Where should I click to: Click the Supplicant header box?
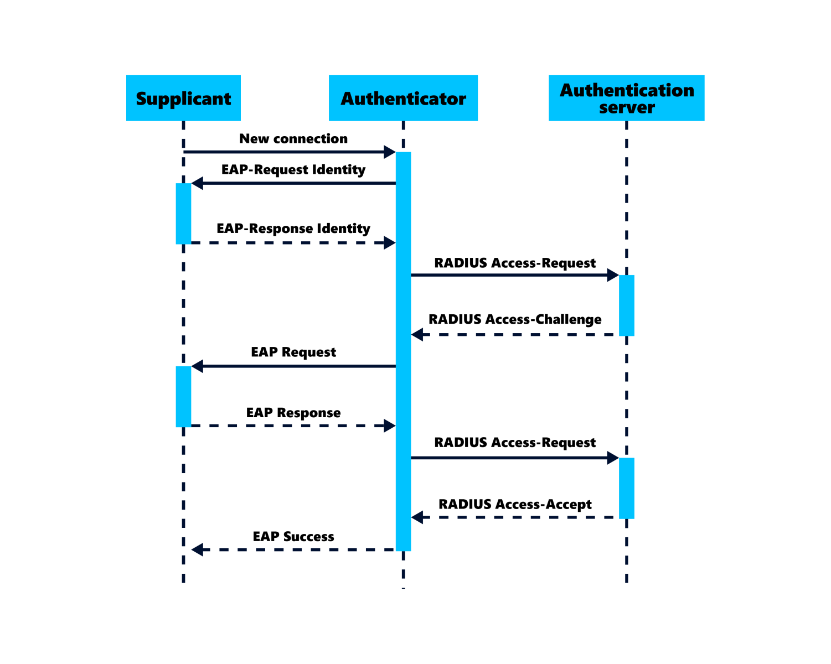[x=183, y=98]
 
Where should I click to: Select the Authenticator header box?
[x=403, y=98]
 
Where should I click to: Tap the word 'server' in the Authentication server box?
[x=627, y=107]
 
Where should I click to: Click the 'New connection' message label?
[x=293, y=139]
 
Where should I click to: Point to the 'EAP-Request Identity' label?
[x=293, y=169]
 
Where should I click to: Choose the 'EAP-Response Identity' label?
[x=293, y=229]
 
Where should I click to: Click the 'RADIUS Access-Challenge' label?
[x=515, y=319]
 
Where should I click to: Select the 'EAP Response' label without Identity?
[x=293, y=413]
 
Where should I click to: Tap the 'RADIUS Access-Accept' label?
[x=515, y=504]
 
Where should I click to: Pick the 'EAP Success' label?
[x=293, y=536]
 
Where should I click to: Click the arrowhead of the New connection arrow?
[x=390, y=152]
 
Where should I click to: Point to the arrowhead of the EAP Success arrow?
[x=197, y=549]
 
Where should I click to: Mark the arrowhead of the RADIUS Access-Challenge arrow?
[x=417, y=334]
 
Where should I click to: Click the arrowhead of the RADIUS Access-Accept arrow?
[x=417, y=517]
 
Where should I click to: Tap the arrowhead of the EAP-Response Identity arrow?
[x=390, y=242]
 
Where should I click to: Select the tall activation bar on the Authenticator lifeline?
[x=403, y=351]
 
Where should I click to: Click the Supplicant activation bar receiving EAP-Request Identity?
[x=183, y=213]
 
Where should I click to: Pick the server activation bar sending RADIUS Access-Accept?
[x=626, y=488]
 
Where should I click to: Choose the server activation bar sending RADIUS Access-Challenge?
[x=626, y=305]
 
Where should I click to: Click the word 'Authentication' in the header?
[x=627, y=90]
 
